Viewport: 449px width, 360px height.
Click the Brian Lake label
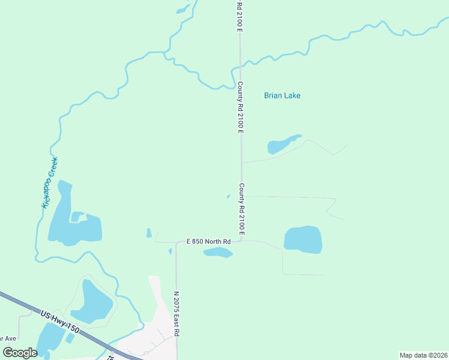pyautogui.click(x=282, y=95)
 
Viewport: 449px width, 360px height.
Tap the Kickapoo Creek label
pyautogui.click(x=49, y=182)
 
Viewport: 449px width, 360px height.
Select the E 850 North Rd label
pyautogui.click(x=208, y=242)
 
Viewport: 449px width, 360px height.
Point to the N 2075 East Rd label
pyautogui.click(x=177, y=313)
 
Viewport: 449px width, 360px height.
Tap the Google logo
pyautogui.click(x=20, y=353)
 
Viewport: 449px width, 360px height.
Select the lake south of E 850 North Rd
pyautogui.click(x=218, y=253)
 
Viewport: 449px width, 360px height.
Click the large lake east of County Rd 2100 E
pyautogui.click(x=303, y=239)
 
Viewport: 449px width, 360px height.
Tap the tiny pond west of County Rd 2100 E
pyautogui.click(x=228, y=196)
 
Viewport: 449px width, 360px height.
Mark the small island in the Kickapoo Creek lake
pyautogui.click(x=77, y=216)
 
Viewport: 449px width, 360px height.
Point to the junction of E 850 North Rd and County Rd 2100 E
pyautogui.click(x=241, y=241)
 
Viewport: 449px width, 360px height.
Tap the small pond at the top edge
pyautogui.click(x=181, y=10)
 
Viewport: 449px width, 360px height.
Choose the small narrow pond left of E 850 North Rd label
pyautogui.click(x=149, y=233)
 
